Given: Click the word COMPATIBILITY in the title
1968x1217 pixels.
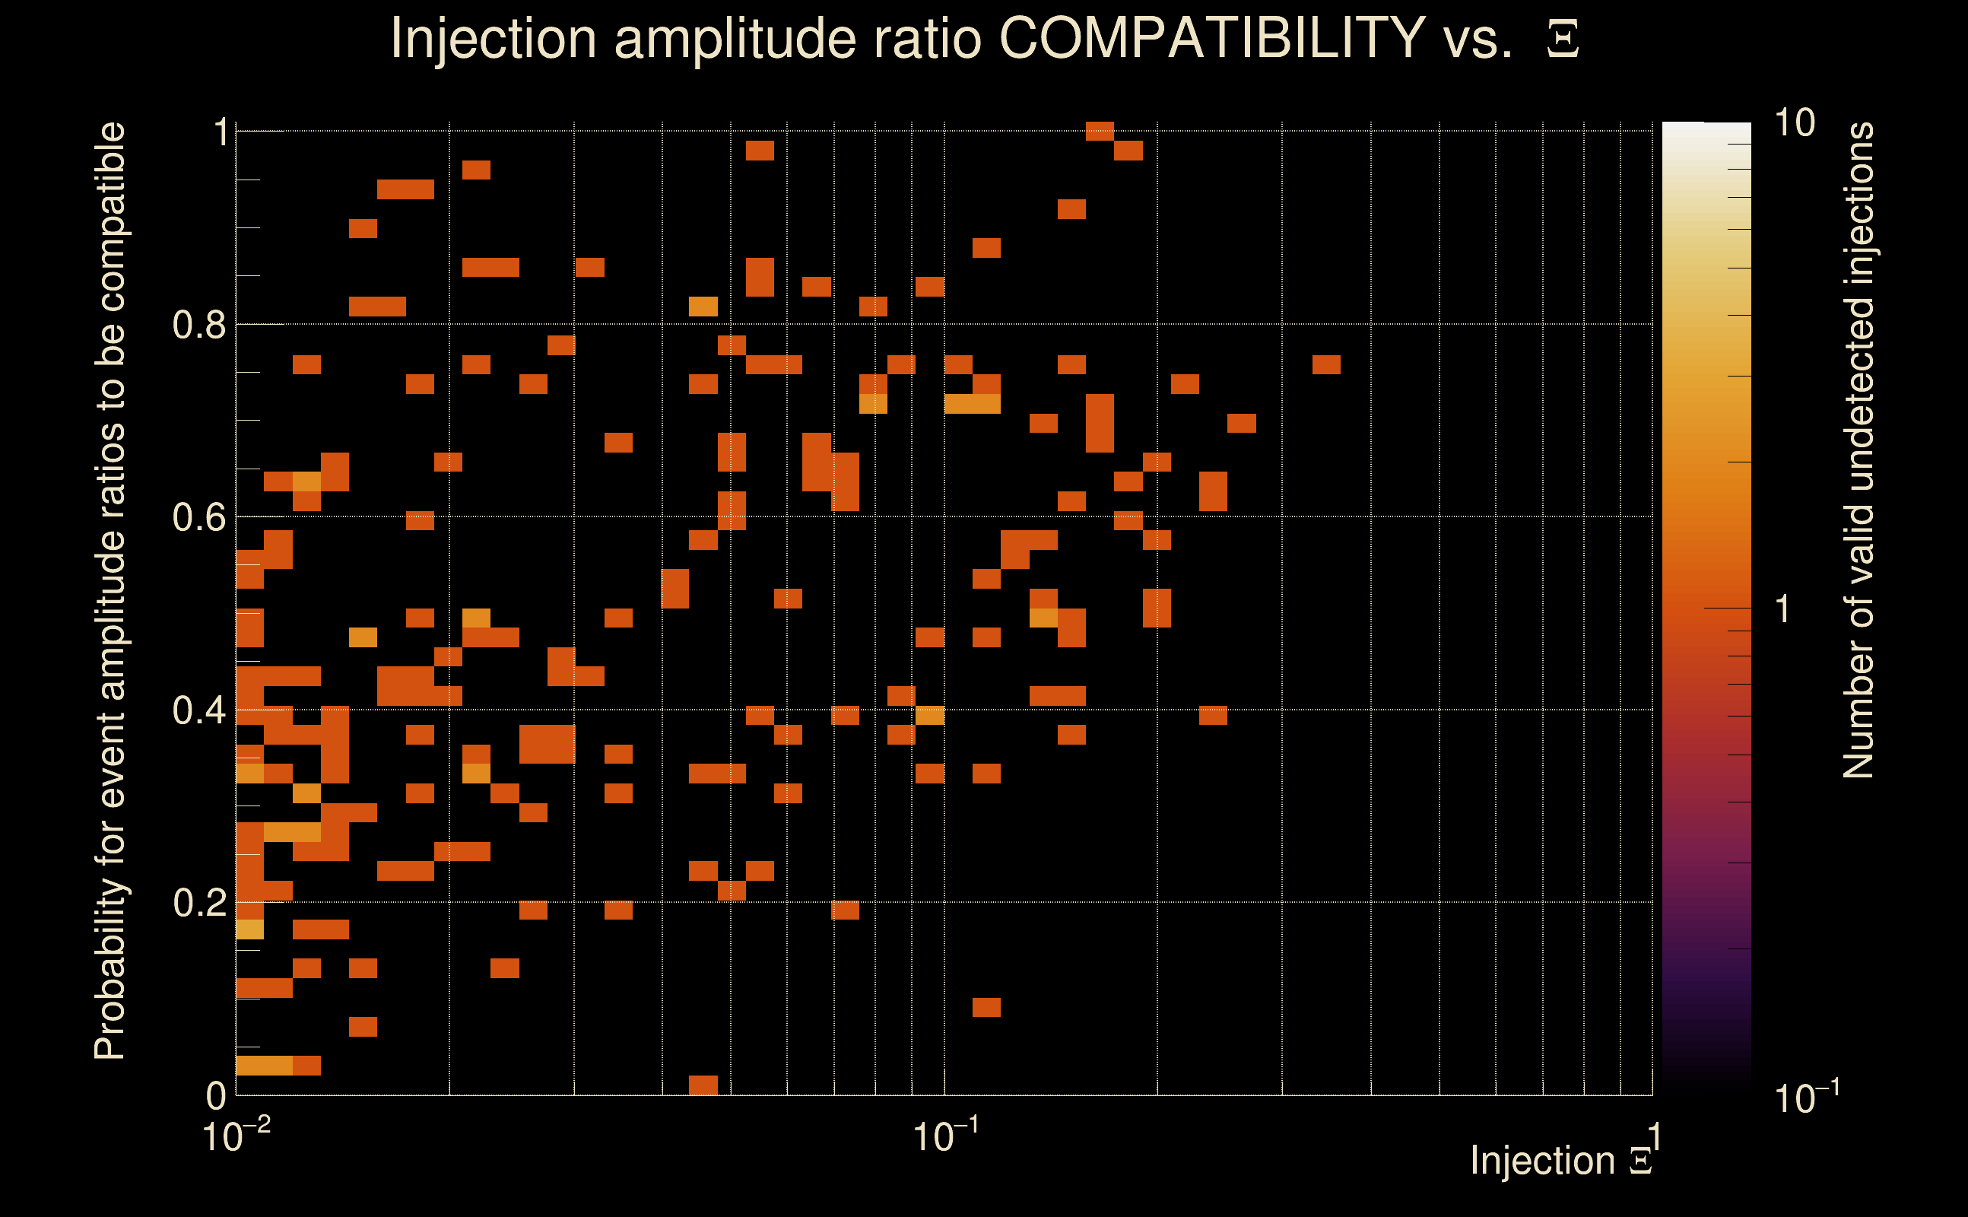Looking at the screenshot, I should point(1211,38).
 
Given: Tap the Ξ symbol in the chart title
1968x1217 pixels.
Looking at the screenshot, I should point(1563,40).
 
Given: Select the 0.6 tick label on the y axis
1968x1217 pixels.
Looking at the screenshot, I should point(198,516).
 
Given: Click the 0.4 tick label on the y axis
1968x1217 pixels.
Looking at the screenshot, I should point(198,710).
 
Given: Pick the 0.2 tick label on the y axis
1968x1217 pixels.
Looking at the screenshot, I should point(198,902).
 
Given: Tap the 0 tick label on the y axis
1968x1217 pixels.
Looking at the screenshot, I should point(216,1095).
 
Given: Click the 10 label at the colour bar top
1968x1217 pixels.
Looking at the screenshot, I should point(1794,123).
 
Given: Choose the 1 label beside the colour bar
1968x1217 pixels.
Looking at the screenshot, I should point(1783,609).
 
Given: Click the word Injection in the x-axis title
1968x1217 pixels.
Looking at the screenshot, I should point(1542,1161).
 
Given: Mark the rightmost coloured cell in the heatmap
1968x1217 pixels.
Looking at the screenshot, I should point(1326,364).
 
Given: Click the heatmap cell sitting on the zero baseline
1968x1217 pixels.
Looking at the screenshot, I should point(703,1084).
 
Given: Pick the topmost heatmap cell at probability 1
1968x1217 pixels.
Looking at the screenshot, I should point(1100,131).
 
